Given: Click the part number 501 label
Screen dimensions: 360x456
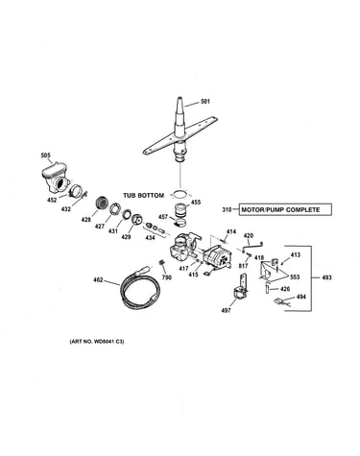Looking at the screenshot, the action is point(205,102).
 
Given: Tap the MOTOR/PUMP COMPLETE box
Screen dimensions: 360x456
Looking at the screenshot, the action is point(285,210).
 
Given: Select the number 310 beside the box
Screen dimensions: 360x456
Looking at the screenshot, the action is point(227,210).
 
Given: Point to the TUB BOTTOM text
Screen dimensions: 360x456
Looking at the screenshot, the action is point(144,195).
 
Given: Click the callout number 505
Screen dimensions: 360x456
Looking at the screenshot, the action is point(46,156).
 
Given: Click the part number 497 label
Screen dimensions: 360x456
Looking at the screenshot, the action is point(226,310).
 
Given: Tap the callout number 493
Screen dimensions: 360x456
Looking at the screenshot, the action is point(326,277).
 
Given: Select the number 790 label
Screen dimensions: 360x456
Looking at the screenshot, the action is point(167,277).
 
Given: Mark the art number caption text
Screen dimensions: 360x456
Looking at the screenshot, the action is point(97,342).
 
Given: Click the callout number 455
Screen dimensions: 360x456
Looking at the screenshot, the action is point(196,203).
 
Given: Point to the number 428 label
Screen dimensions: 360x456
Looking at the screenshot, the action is point(86,220).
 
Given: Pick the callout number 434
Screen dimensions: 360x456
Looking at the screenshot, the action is point(150,238).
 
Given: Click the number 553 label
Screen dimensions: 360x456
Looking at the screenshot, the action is point(295,277).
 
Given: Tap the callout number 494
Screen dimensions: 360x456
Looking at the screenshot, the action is point(301,297).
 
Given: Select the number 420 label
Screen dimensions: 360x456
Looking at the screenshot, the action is point(249,236).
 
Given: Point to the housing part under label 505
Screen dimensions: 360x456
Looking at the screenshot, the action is point(55,179).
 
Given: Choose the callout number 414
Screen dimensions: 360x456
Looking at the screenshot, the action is point(231,231).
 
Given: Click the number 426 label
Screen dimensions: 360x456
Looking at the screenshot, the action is point(285,289).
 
